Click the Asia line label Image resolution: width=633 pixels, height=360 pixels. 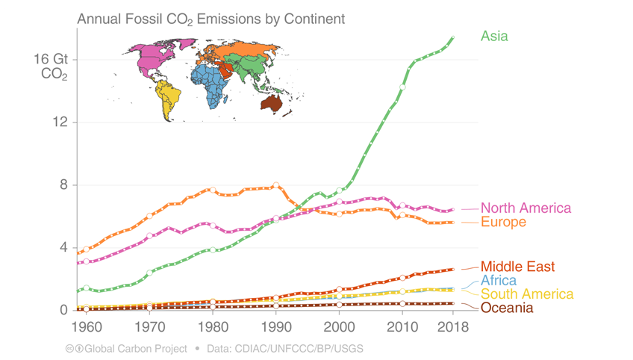coord(494,37)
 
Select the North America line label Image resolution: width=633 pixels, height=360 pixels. coord(526,208)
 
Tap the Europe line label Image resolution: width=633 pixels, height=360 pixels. coord(503,222)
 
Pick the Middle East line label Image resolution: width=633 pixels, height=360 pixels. coord(517,267)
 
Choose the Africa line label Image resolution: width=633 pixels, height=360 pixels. coord(499,280)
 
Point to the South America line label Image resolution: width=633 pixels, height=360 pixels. coord(527,294)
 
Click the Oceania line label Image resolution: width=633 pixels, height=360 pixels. coord(507,308)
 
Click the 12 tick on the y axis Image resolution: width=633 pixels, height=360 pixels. coord(60,122)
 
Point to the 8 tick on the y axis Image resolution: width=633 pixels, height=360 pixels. coord(63,184)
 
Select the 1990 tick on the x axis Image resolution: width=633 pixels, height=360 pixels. coord(276,327)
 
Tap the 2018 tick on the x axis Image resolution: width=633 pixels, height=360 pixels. coord(453,327)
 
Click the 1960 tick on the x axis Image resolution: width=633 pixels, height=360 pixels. coord(87,327)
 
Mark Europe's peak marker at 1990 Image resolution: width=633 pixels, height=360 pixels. coord(276,185)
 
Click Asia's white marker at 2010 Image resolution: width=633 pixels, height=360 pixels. coord(402,87)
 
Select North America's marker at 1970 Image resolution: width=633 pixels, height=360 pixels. coord(150,235)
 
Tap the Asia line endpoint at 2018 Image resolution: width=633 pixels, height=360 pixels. coord(453,37)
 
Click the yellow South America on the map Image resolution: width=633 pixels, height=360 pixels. coord(167,98)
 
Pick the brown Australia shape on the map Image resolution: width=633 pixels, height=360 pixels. coord(271,102)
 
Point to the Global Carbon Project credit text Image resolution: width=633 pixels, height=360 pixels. coord(136,349)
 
